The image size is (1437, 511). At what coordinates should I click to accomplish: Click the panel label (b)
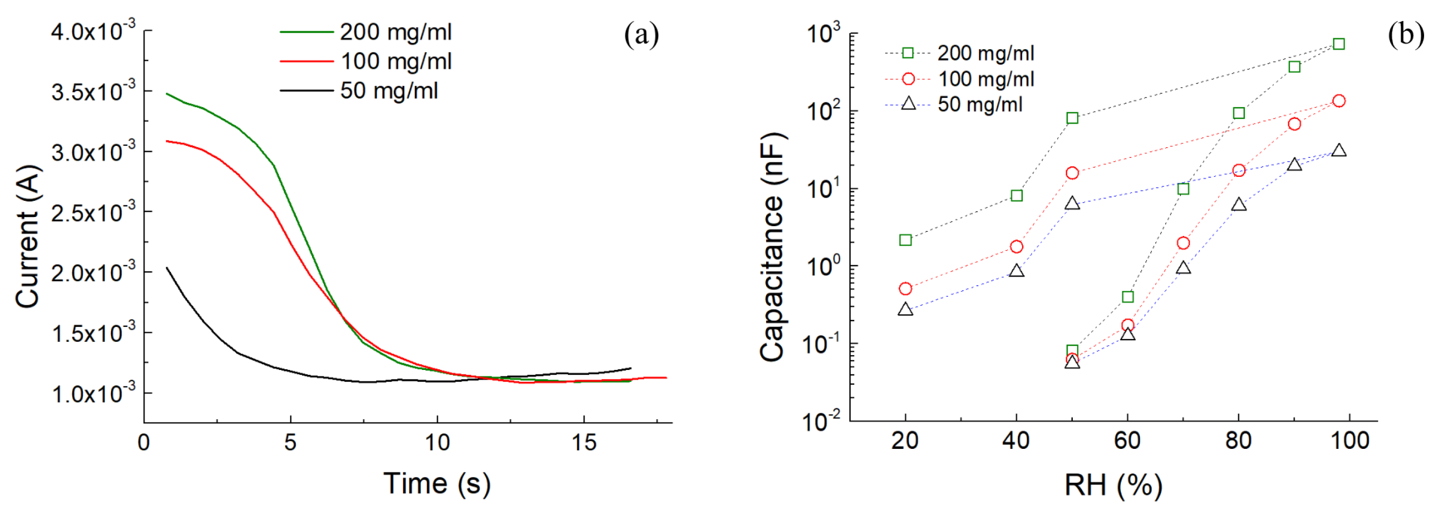coord(1405,35)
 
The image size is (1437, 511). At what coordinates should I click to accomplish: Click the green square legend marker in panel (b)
coord(908,53)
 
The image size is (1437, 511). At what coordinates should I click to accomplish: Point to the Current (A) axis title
coord(28,236)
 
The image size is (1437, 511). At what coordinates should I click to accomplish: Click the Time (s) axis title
coord(437,483)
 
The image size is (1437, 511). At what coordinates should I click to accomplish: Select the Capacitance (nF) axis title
coord(773,247)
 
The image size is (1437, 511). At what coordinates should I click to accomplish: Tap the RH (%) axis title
coord(1114,484)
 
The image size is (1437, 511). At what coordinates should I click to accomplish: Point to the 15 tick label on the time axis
coord(583,443)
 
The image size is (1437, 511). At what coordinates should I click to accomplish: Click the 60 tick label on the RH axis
coord(1127,441)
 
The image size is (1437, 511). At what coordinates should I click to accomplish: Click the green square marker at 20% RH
coord(905,240)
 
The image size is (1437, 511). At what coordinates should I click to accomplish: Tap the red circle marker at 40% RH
coord(1016,246)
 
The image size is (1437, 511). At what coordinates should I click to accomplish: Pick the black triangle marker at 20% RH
coord(905,310)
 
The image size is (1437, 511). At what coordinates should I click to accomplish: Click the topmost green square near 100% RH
coord(1338,44)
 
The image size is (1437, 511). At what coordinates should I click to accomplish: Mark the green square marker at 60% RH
coord(1127,296)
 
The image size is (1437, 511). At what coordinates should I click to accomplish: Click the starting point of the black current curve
coord(167,268)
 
